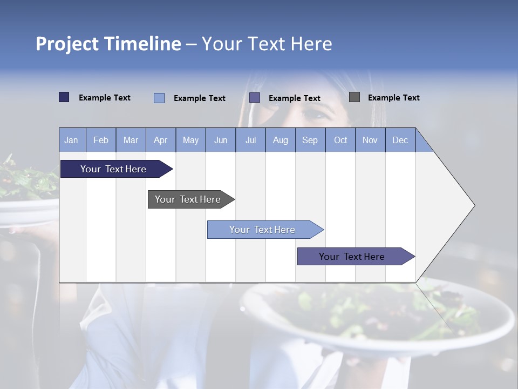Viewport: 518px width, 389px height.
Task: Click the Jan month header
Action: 71,140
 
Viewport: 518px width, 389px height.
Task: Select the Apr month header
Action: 160,140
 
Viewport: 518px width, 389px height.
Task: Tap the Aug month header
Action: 280,140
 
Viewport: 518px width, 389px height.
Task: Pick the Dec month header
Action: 400,140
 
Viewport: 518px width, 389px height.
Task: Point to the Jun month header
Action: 220,140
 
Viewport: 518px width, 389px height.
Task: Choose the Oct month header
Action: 340,140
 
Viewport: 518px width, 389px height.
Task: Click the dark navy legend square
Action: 64,97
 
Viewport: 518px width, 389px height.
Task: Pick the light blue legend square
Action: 159,98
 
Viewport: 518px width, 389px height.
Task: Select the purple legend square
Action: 255,98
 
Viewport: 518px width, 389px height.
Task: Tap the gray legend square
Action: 354,97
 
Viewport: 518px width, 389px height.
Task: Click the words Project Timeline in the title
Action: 108,44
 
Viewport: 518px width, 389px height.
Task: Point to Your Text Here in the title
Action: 267,44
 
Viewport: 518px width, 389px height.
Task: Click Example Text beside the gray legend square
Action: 393,98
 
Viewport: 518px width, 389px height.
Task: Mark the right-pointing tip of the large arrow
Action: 473,205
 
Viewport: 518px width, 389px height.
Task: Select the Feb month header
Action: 101,140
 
